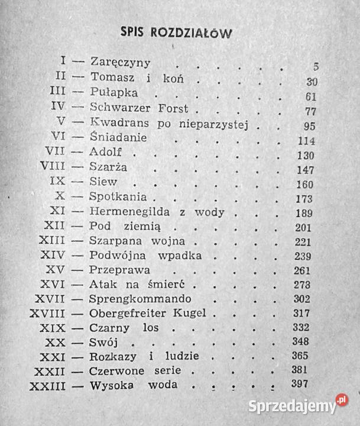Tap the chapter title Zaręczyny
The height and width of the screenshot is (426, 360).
[121, 62]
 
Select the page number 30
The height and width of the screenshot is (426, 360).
[309, 82]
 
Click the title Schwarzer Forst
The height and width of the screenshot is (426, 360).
[139, 108]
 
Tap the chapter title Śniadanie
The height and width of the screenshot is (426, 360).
[118, 137]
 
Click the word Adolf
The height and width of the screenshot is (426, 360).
[107, 153]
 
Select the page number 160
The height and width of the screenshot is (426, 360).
[305, 183]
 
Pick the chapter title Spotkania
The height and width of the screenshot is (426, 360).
[116, 196]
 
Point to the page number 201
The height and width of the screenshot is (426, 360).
[305, 228]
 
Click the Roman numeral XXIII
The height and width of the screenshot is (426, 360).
[49, 386]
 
